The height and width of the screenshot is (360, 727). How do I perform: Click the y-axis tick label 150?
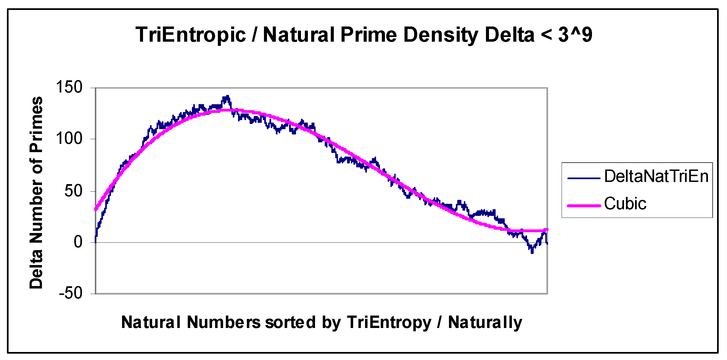point(69,87)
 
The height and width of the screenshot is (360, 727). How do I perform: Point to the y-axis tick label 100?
point(69,139)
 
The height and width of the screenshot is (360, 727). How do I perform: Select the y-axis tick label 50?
point(73,191)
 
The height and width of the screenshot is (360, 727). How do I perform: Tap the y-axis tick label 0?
point(78,242)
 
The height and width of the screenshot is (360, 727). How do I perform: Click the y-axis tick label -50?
point(71,293)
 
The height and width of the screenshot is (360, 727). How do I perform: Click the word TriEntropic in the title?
point(191,35)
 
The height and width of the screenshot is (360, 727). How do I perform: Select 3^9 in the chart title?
point(575,35)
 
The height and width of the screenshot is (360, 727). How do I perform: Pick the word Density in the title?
point(441,35)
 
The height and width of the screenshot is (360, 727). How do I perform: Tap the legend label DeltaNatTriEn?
point(656,176)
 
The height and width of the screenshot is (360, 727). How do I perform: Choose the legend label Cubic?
point(625,203)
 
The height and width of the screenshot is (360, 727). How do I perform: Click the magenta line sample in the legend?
point(584,206)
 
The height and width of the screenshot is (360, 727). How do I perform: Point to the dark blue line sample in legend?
point(584,178)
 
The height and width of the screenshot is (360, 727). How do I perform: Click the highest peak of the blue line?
point(227,97)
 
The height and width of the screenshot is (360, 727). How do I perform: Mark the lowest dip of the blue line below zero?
point(532,252)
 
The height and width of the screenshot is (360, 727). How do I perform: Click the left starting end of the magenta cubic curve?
point(95,209)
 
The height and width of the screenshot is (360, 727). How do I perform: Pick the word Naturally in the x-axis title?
point(485,322)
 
